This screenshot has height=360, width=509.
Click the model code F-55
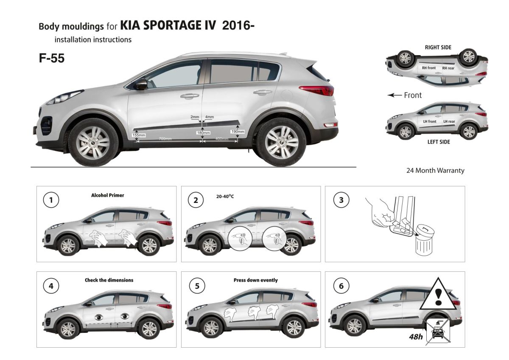(x=52, y=58)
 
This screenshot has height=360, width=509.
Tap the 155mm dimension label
(x=139, y=135)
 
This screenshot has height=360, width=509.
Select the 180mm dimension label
(x=203, y=133)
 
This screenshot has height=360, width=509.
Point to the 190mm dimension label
(x=238, y=132)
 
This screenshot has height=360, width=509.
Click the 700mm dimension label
(x=165, y=139)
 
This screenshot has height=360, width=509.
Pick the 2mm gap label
(x=195, y=117)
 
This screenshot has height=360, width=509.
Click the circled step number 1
(x=51, y=200)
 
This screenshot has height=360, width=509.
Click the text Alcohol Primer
(x=108, y=195)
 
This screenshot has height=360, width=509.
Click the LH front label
(x=429, y=121)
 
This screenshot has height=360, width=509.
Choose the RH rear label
(x=448, y=68)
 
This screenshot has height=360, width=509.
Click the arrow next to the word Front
(x=394, y=96)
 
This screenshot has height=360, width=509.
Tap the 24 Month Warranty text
(x=435, y=171)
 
